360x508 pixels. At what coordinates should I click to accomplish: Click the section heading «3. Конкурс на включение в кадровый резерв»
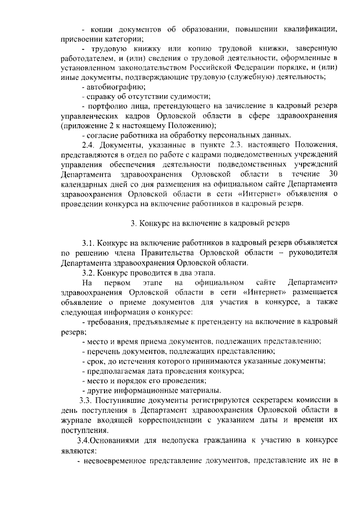(x=210, y=223)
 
